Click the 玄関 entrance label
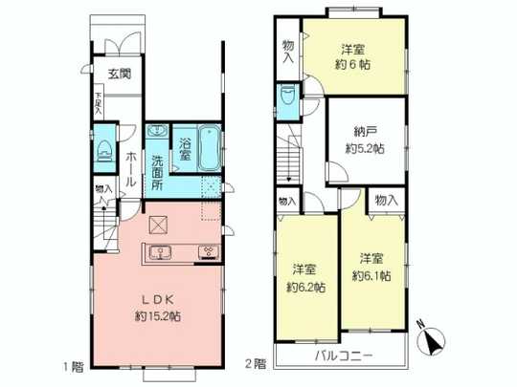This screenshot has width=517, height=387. tap(119, 74)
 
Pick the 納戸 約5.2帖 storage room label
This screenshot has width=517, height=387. tap(364, 141)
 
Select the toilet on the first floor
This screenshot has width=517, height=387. tap(105, 150)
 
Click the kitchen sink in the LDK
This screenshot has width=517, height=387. tap(160, 253)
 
